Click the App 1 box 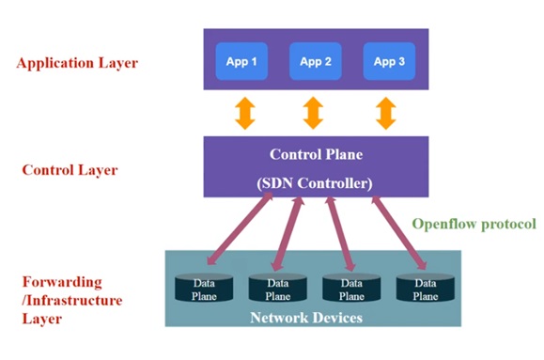[241, 62]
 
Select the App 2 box [314, 62]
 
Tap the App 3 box [388, 62]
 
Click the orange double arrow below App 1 [244, 114]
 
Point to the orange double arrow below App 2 [314, 114]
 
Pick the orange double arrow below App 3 [385, 114]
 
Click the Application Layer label [77, 64]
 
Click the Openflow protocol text [473, 224]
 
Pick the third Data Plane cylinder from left [349, 287]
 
